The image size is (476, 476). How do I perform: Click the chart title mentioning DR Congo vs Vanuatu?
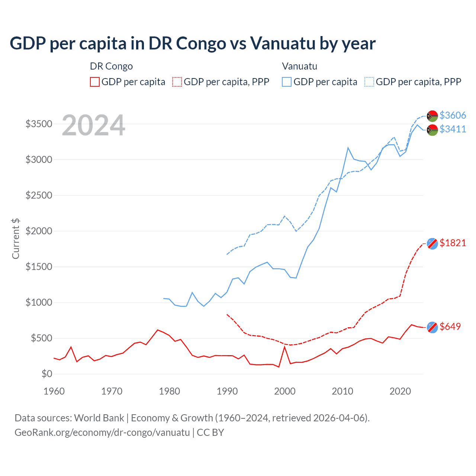[x=192, y=44]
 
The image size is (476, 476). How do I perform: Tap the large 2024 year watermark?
[x=93, y=125]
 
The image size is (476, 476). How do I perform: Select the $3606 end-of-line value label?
[x=453, y=115]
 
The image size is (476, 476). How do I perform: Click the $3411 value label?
[x=453, y=129]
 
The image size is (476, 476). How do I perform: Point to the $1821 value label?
[x=453, y=243]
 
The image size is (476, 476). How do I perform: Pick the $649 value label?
[x=450, y=327]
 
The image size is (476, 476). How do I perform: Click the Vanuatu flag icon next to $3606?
[x=432, y=116]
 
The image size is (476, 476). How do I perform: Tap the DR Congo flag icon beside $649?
[x=432, y=327]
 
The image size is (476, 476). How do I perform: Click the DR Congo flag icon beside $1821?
[x=432, y=244]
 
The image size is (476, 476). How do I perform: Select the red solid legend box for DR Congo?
[x=95, y=82]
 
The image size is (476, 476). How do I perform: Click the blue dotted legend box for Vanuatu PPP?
[x=369, y=82]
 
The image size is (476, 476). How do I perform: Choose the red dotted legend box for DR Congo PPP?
[x=177, y=82]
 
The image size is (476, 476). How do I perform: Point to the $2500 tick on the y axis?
[x=39, y=195]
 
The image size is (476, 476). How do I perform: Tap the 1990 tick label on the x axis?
[x=227, y=391]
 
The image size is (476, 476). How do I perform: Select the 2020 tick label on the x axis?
[x=400, y=391]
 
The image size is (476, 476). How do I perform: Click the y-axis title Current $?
[x=16, y=238]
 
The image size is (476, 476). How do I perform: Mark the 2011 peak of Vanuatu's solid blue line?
[x=348, y=148]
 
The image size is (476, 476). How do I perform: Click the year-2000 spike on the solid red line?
[x=284, y=347]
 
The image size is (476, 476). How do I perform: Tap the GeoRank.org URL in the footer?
[x=102, y=432]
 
